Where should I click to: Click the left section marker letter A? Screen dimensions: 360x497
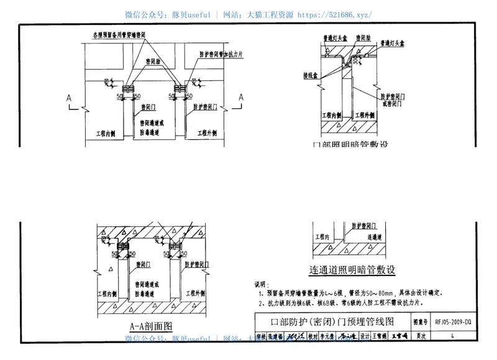[70, 98]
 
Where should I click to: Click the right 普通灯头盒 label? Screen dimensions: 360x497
[395, 43]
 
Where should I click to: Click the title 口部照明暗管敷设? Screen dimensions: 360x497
[350, 145]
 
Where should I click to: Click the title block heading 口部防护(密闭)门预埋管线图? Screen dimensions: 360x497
[333, 322]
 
